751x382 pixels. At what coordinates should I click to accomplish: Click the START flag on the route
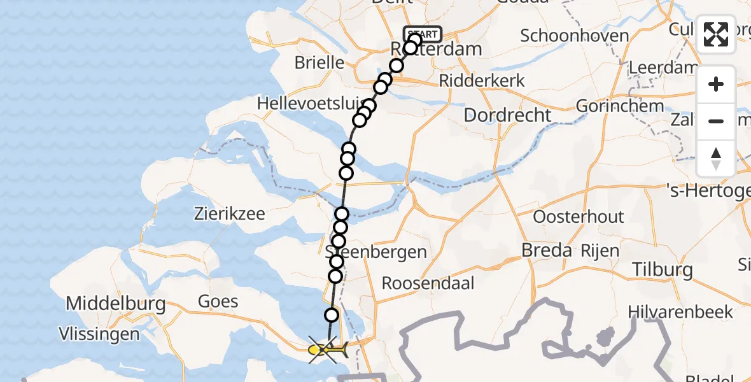coord(423,34)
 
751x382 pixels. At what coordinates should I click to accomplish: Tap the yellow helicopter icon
coord(328,350)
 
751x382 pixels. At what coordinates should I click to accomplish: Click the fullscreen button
coord(716,34)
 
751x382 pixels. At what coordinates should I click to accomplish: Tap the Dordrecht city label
coord(507,115)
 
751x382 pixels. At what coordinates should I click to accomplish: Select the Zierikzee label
coord(230,213)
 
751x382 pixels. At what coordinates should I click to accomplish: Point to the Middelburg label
coord(116,304)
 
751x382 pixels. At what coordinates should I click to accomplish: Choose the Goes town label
coord(218,301)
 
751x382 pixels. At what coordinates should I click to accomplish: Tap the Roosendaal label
coord(428,283)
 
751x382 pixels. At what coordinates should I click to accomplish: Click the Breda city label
coord(547,250)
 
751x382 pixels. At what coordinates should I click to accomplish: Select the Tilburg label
coord(663,269)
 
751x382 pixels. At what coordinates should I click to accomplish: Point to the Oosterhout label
coord(579,216)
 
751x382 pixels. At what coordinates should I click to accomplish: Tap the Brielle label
coord(319,63)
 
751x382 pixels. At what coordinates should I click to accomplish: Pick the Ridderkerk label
coord(482,80)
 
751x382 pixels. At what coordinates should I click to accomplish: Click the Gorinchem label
coord(621,106)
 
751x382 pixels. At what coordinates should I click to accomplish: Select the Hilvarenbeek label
coord(680,311)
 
